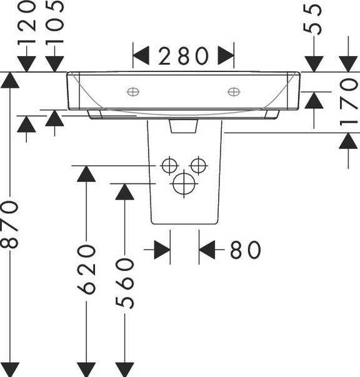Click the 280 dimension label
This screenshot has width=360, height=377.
tap(183, 56)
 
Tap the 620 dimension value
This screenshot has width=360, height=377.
tap(86, 269)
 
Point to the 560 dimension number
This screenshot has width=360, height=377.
tap(125, 283)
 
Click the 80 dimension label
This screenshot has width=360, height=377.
tap(246, 249)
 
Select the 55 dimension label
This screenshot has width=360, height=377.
tap(312, 20)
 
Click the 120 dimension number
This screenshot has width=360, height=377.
tap(27, 23)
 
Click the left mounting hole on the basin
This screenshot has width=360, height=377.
tap(133, 92)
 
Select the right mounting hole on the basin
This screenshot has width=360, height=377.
tap(234, 92)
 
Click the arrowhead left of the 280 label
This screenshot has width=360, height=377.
tap(141, 56)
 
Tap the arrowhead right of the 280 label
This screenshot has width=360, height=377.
tap(226, 56)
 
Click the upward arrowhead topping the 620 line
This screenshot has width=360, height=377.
tap(86, 174)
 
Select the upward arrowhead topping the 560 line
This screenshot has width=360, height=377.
tap(124, 191)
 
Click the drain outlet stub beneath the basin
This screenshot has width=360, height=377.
tap(184, 126)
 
